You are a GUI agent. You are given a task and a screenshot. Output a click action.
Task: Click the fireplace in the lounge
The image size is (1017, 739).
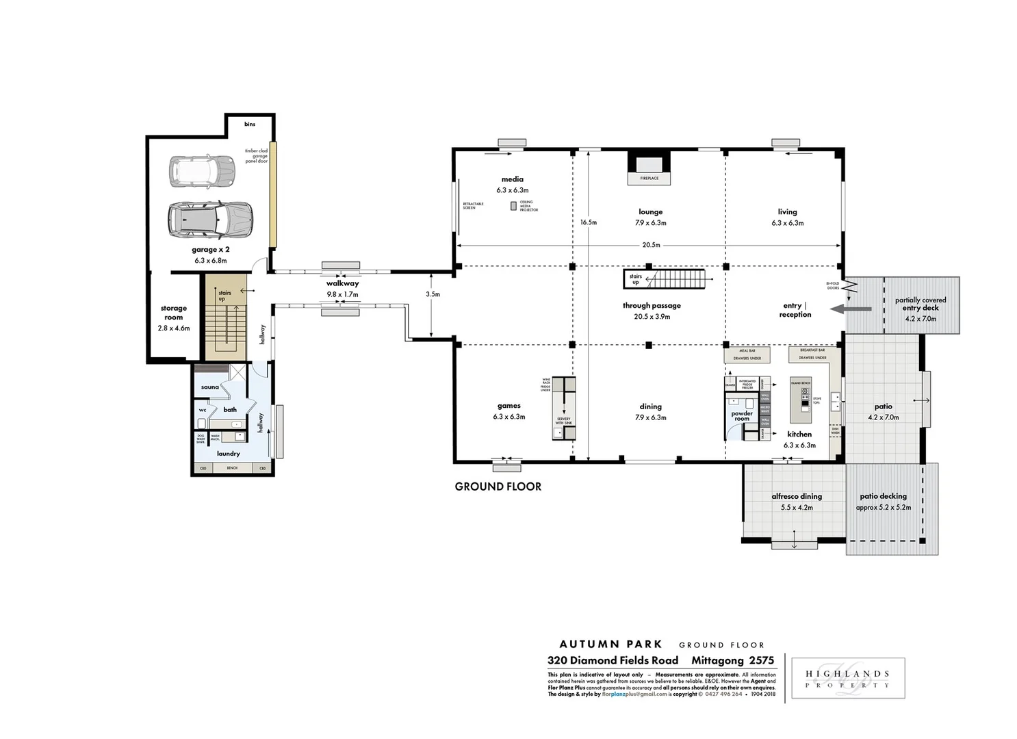tap(649, 167)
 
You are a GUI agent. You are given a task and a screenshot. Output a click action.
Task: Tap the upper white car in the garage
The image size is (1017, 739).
tap(202, 172)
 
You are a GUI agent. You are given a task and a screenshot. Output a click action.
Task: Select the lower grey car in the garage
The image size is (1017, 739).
tap(210, 219)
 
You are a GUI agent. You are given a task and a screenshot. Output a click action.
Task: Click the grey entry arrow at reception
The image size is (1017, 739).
tap(851, 309)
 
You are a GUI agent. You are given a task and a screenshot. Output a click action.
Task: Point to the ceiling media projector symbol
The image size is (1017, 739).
tap(513, 205)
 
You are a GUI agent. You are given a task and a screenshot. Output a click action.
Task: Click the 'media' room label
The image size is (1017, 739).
tap(512, 179)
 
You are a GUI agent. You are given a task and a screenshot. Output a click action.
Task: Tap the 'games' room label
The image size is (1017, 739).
tap(508, 406)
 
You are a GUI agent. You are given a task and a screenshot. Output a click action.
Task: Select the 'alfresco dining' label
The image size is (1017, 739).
tap(797, 496)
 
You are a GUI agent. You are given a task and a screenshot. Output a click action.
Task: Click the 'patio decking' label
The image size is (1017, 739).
tap(883, 496)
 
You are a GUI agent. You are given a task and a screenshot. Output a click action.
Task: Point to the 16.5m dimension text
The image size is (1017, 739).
tap(589, 222)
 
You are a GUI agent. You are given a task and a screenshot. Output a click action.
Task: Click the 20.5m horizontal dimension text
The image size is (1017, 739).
tap(651, 245)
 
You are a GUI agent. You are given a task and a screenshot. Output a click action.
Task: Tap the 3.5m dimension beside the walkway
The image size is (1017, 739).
tap(433, 294)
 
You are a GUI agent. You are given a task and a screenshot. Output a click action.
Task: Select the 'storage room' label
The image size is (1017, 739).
tap(174, 313)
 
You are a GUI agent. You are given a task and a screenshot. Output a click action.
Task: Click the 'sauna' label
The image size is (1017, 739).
tap(210, 387)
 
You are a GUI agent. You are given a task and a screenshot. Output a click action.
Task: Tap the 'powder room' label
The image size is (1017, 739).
tap(742, 416)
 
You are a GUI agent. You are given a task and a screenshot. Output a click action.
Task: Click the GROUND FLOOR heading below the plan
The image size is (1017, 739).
tap(498, 487)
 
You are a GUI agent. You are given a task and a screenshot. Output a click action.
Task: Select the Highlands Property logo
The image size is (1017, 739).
tap(848, 679)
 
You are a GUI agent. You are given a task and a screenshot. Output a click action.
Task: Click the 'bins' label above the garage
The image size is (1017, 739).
tap(250, 124)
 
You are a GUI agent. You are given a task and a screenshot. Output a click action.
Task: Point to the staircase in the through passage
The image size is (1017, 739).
tap(674, 279)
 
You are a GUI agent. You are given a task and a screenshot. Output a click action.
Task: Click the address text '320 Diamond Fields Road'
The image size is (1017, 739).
tap(613, 660)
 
